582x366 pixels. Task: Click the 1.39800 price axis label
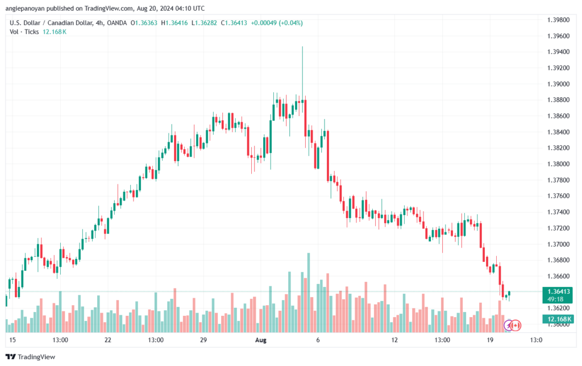(x=558, y=20)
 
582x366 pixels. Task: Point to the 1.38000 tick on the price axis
(x=558, y=164)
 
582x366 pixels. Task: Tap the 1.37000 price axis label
(x=558, y=244)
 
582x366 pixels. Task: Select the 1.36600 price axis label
(x=558, y=276)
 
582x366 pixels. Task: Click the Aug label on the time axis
(x=260, y=340)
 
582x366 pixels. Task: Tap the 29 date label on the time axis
(x=203, y=340)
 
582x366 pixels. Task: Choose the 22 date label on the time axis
(x=107, y=340)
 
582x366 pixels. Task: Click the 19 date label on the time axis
(x=490, y=340)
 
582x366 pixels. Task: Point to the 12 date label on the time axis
(x=394, y=340)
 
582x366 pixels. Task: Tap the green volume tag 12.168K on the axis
(x=558, y=319)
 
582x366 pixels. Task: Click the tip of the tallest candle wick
(x=302, y=47)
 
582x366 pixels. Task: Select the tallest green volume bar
(x=309, y=293)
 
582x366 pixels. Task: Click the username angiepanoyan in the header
(x=25, y=9)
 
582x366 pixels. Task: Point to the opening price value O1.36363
(x=144, y=23)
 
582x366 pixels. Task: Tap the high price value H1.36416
(x=174, y=23)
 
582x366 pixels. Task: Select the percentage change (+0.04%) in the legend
(x=291, y=23)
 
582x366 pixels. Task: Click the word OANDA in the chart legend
(x=117, y=23)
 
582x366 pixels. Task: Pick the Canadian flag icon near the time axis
(x=516, y=326)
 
